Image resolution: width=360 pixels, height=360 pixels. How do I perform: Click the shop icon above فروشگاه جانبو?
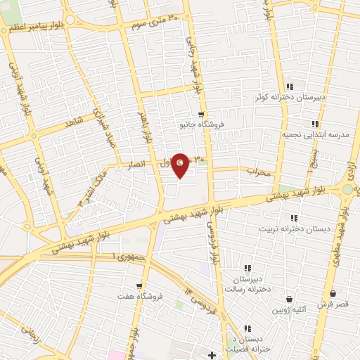click(202, 115)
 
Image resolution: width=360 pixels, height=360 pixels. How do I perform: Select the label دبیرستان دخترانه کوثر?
click(290, 97)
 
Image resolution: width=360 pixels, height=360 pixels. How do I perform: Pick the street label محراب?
click(258, 171)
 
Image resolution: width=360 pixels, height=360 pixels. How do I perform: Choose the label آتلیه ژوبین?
click(289, 309)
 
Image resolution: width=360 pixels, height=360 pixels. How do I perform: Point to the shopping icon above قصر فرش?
click(331, 295)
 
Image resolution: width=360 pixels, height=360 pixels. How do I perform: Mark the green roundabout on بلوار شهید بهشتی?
click(348, 188)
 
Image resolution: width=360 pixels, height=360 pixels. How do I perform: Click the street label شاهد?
click(74, 121)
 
